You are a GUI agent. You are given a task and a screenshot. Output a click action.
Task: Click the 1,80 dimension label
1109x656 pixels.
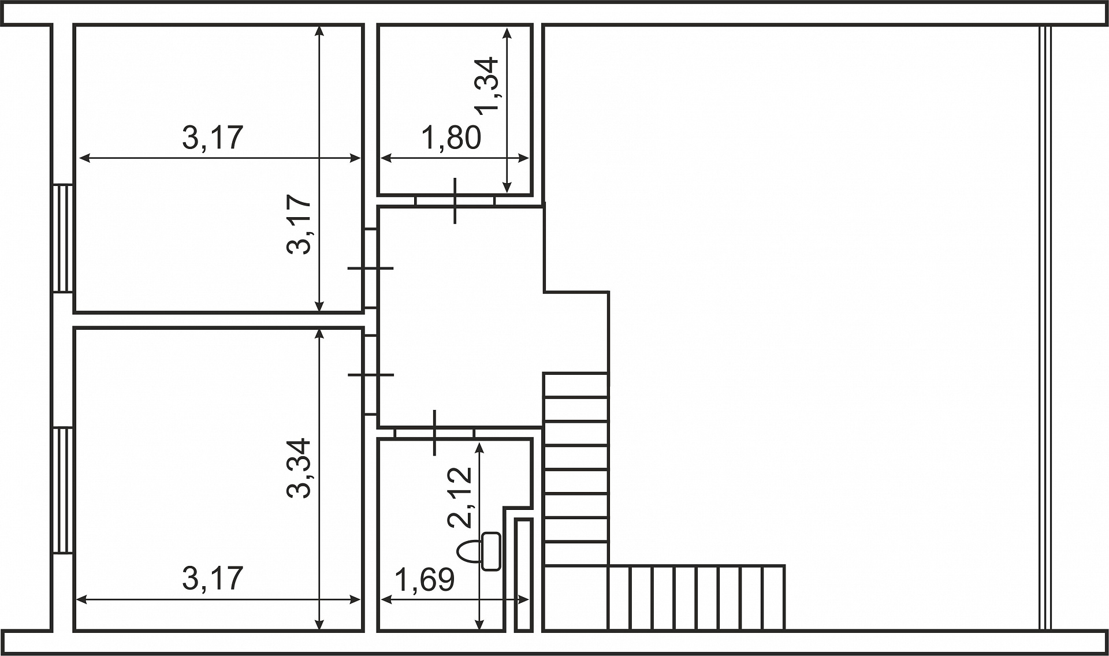point(451,138)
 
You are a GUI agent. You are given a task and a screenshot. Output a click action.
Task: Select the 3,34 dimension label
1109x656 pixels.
point(299,468)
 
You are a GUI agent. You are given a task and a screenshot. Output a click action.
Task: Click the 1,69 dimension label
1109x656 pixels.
point(425,580)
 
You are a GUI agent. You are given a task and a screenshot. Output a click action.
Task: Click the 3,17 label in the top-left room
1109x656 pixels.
point(213,138)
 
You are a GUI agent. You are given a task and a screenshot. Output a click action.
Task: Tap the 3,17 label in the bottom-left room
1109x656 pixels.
point(213,578)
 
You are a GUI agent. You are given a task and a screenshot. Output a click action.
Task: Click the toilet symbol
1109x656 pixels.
point(479,551)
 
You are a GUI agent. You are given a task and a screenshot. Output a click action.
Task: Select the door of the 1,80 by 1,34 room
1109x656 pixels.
point(455,201)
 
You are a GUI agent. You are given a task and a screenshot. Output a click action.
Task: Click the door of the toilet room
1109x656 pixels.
point(434,433)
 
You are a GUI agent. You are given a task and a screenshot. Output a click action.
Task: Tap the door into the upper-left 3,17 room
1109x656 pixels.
point(371,269)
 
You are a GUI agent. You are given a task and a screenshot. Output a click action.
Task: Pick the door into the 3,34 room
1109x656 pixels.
point(371,375)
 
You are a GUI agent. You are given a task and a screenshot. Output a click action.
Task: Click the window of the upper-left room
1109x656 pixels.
point(62,238)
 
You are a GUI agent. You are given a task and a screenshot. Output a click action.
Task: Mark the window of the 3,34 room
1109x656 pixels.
point(62,490)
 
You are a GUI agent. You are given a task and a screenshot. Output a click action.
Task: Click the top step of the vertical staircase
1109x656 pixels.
point(576,385)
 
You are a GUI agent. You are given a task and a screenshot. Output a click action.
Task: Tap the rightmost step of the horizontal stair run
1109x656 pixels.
point(773,598)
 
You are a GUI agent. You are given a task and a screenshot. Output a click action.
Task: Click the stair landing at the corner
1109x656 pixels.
point(576,598)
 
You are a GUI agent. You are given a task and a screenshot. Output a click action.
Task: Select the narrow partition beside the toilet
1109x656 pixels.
point(523,575)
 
